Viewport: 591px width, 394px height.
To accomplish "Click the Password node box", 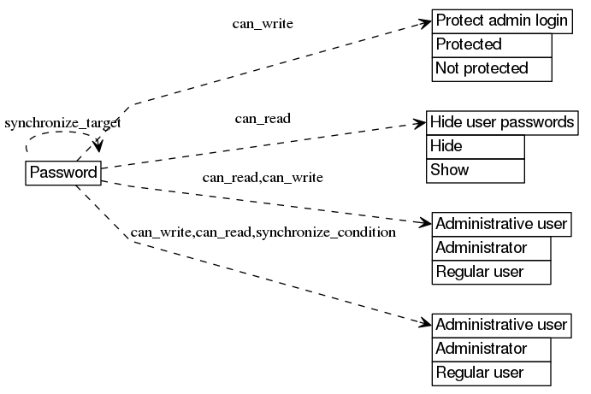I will [x=63, y=173].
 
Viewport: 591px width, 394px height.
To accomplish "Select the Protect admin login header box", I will [x=502, y=21].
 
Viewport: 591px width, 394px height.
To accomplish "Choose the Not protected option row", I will [x=492, y=68].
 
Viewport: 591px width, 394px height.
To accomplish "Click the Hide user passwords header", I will [x=501, y=122].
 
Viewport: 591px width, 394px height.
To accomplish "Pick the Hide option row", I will [x=475, y=146].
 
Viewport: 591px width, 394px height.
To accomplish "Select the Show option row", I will [x=475, y=170].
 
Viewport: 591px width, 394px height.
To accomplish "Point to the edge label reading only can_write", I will [x=263, y=24].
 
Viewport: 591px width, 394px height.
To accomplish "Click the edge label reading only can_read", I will [x=263, y=118].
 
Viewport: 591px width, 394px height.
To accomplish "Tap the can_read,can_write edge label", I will [x=262, y=178].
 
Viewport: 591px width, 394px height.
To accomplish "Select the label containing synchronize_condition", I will [x=263, y=232].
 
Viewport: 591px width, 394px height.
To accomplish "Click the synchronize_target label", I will [x=62, y=123].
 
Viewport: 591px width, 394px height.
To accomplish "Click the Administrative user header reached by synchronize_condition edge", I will [x=501, y=325].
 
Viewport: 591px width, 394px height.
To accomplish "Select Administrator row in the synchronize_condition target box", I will [x=491, y=349].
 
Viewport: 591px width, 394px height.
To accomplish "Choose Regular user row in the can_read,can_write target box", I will [x=491, y=273].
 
